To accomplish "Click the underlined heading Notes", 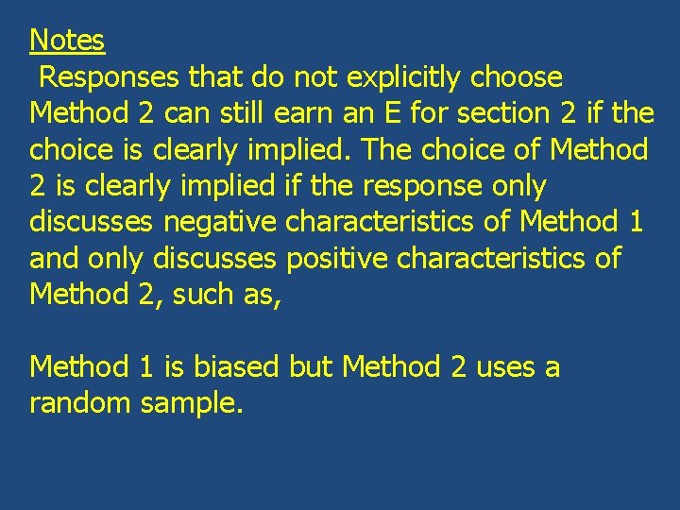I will tap(67, 41).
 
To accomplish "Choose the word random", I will tap(80, 403).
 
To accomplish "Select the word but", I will tap(312, 366).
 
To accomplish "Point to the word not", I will tap(321, 76).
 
